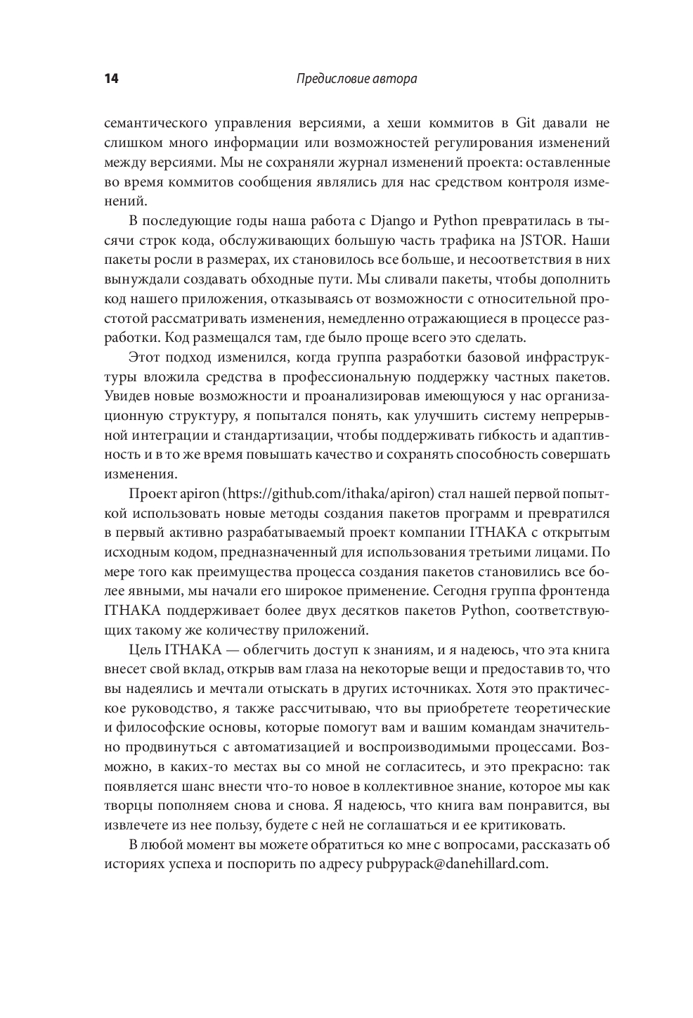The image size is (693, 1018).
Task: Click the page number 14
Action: (x=111, y=79)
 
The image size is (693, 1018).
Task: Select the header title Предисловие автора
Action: (x=356, y=79)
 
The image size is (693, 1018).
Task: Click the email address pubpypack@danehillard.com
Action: (x=457, y=863)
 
